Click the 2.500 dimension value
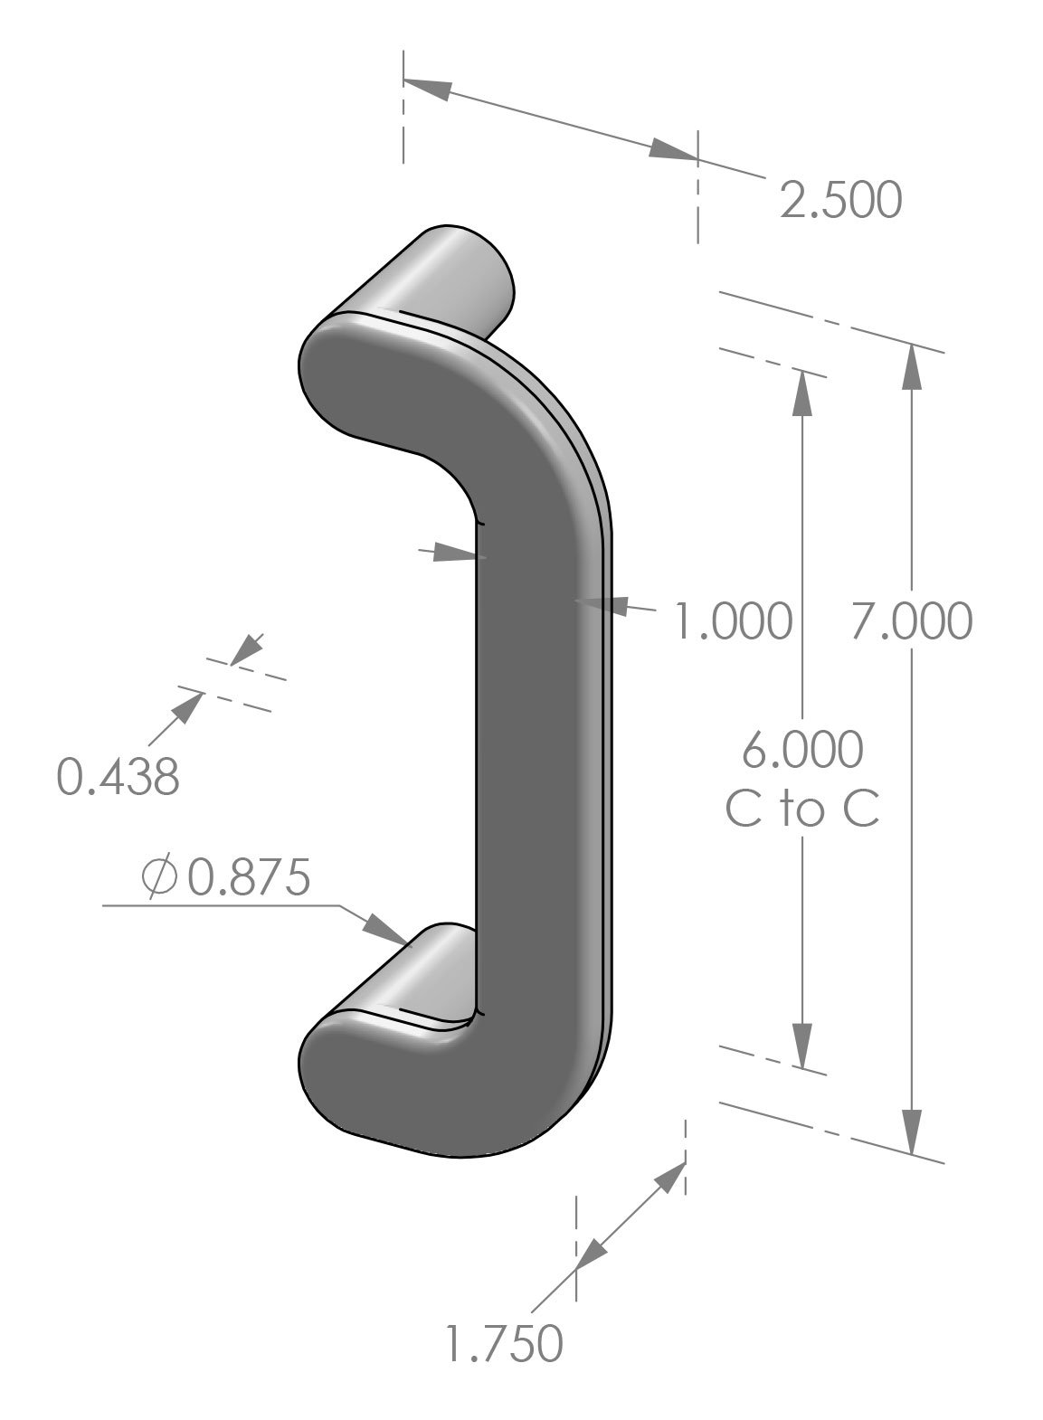(840, 201)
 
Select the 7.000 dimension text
(911, 621)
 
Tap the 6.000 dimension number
(802, 750)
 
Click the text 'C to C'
(802, 809)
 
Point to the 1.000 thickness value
(735, 621)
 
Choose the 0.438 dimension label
(118, 777)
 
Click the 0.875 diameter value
(249, 877)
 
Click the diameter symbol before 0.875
(159, 877)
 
